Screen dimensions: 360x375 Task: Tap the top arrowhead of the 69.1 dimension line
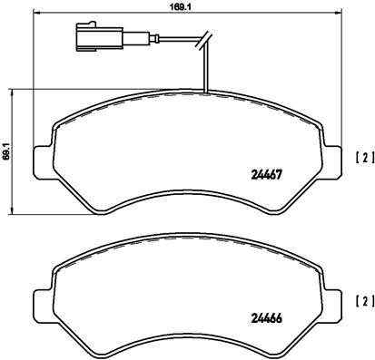pos(11,92)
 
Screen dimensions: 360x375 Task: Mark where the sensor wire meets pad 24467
pos(208,92)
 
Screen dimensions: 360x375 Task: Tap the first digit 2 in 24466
pos(252,317)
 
